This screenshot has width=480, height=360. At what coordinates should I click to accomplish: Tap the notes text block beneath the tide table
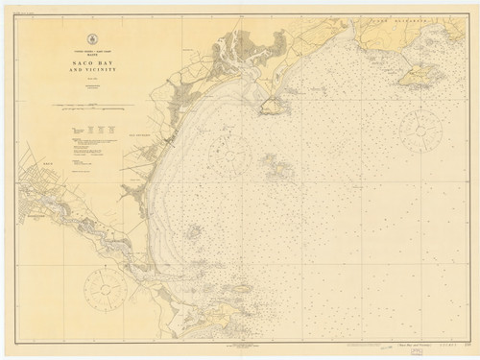[96, 154]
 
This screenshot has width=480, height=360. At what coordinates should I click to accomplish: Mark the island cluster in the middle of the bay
[279, 170]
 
